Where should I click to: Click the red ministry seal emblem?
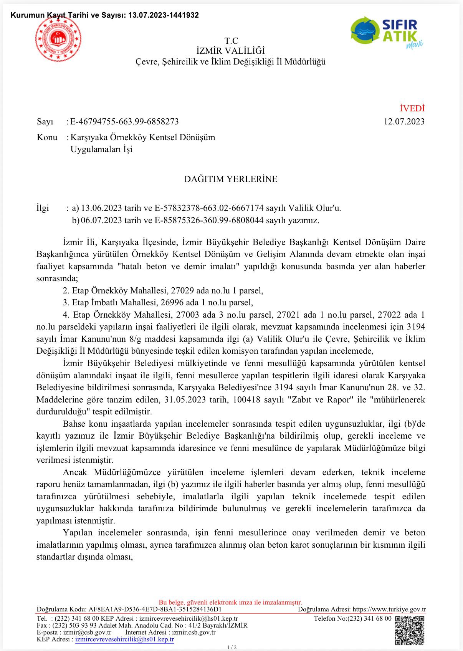(58, 39)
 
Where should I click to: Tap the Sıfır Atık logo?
(387, 32)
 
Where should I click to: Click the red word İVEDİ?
(412, 109)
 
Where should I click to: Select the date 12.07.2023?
(404, 122)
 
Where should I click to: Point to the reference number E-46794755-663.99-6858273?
(124, 122)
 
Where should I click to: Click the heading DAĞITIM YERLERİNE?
(231, 179)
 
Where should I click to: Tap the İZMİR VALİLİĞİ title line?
(231, 51)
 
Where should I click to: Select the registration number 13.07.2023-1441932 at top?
(164, 15)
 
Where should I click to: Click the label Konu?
(47, 137)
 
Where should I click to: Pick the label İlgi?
(43, 208)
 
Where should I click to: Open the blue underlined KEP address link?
(124, 639)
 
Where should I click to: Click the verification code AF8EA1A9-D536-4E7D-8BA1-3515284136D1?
(155, 610)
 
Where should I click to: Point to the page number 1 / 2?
(231, 647)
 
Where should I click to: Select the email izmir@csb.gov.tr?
(87, 633)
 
